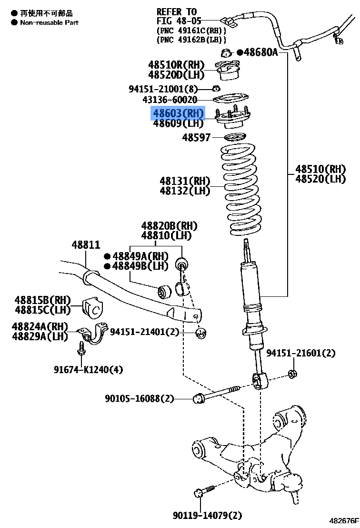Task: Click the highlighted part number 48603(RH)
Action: [178, 113]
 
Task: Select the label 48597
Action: [197, 138]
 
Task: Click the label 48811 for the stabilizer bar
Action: [86, 245]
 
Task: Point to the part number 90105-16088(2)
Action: [140, 398]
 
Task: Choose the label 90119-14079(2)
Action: [208, 515]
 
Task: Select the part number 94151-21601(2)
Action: [300, 353]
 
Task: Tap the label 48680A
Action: [260, 52]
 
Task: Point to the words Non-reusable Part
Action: [49, 22]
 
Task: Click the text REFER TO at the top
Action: [177, 11]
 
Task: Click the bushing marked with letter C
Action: [94, 309]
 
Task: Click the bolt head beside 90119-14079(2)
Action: [200, 493]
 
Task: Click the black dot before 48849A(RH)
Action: [108, 256]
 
